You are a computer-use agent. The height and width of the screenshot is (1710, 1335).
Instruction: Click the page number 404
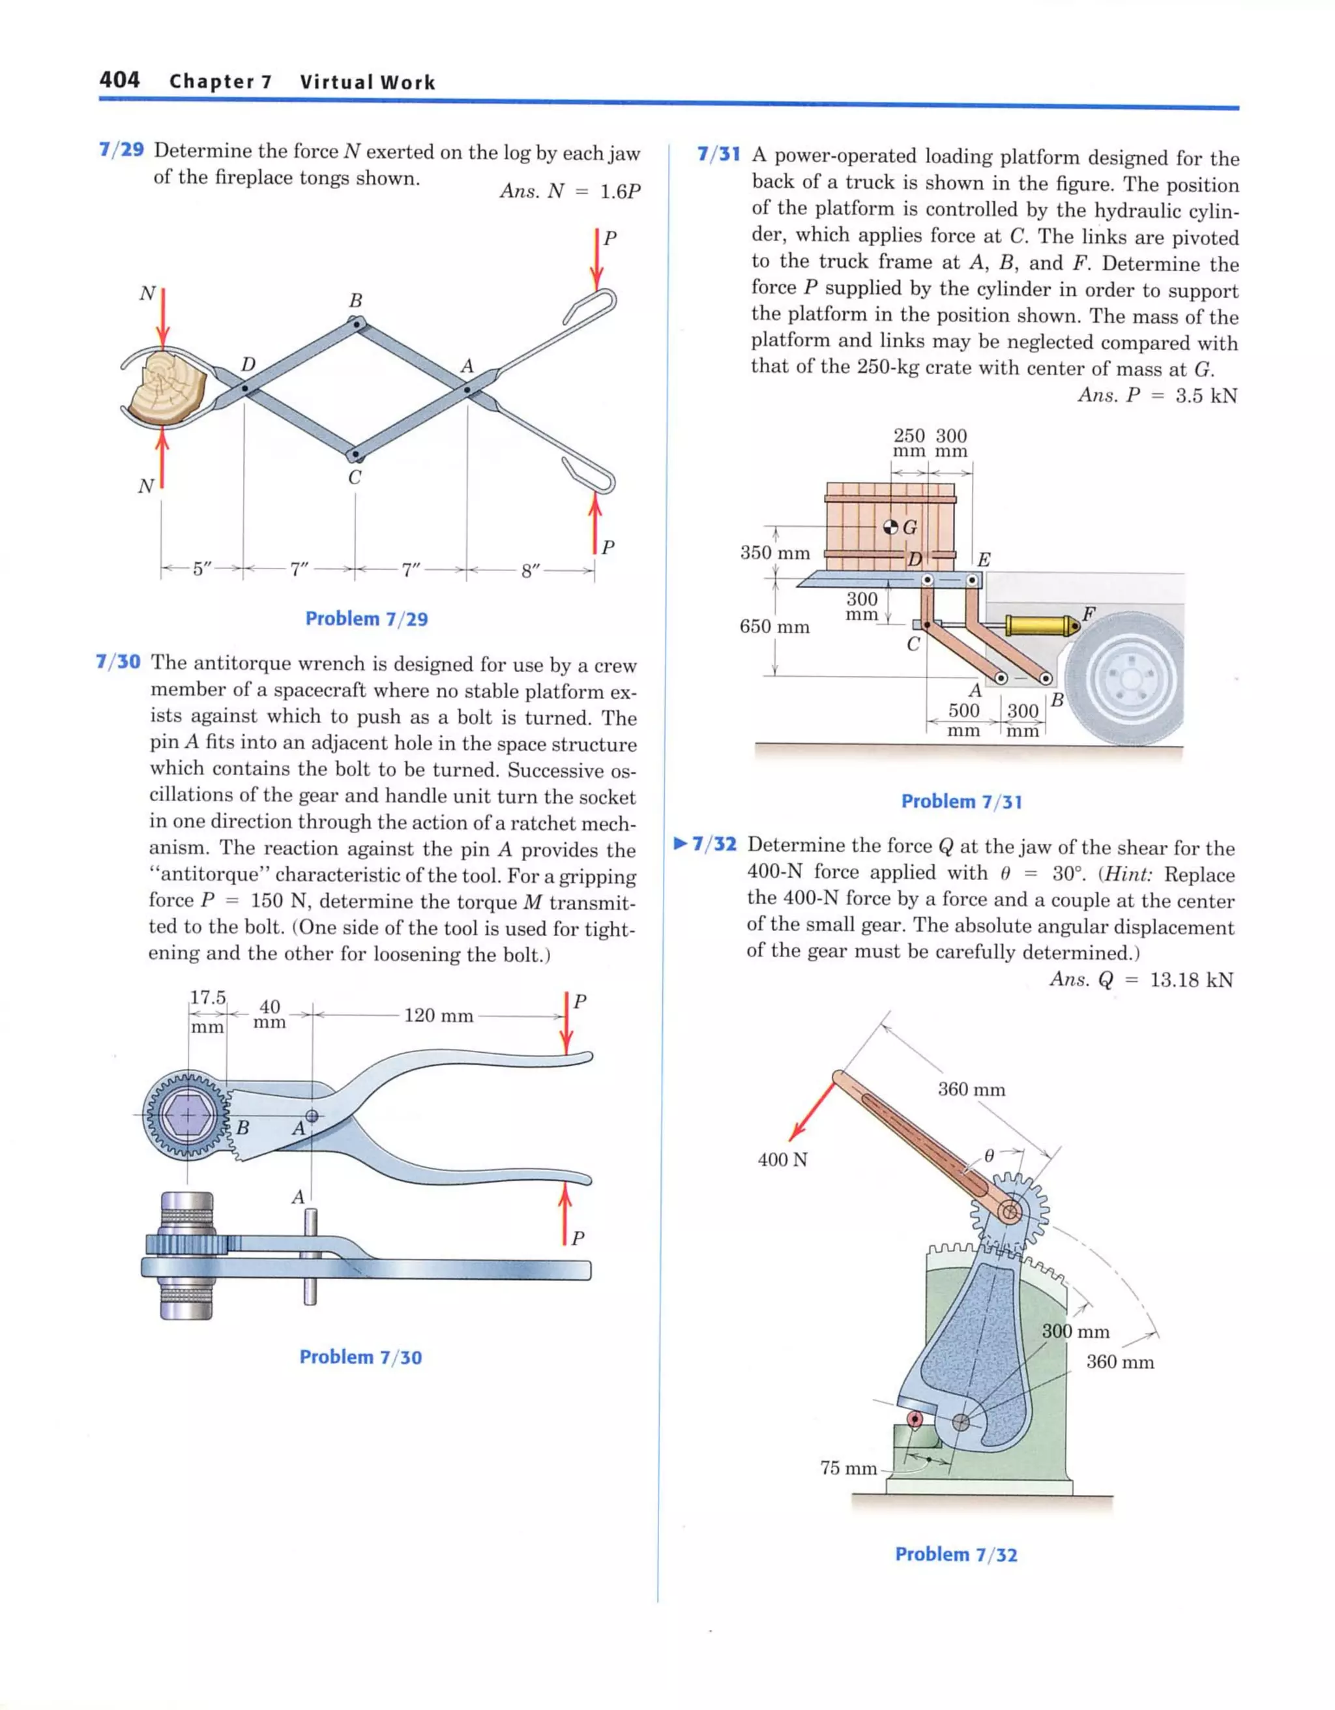[119, 80]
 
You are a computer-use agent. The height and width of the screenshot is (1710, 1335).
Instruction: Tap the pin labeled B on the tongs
[357, 322]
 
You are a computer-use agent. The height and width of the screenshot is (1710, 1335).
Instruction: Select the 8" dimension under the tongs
[531, 570]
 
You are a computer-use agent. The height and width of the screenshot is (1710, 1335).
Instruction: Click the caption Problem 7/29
[366, 619]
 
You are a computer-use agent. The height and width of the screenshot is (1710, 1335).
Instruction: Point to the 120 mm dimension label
[439, 1016]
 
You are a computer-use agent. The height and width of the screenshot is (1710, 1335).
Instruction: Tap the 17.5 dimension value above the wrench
[207, 997]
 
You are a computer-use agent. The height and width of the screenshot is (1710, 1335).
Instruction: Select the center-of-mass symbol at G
[890, 526]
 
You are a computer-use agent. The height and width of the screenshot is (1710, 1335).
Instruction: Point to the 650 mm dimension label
[774, 627]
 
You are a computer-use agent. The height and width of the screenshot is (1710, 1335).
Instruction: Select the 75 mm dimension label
[848, 1468]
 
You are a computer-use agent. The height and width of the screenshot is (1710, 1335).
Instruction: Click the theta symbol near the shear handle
[989, 1155]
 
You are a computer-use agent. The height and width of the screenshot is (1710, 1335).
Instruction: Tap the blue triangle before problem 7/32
[681, 844]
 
